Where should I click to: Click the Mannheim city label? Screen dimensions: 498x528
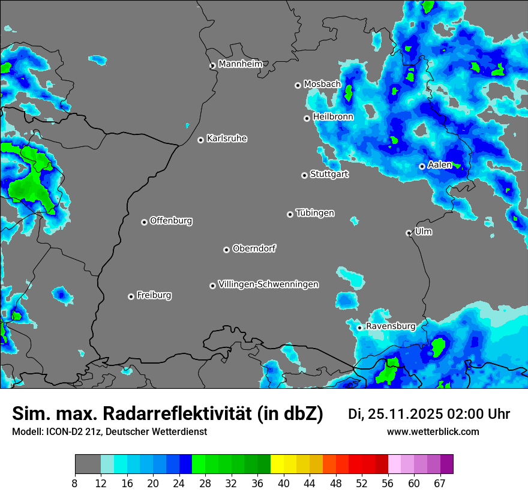point(240,64)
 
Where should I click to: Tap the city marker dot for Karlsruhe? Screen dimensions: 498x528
point(200,140)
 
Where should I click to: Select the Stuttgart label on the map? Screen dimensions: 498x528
point(329,175)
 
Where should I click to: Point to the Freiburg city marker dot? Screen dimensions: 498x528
point(131,296)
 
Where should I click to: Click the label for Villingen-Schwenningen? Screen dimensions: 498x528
point(268,284)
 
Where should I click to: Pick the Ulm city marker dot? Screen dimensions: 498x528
point(409,233)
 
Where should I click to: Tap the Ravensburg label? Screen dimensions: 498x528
point(390,326)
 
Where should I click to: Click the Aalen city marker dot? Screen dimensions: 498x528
point(422,166)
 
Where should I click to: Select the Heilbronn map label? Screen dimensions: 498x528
point(333,117)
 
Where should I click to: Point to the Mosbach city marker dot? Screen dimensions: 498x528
point(298,85)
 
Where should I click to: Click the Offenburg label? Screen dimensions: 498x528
point(171,221)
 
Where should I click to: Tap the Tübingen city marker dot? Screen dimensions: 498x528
point(290,214)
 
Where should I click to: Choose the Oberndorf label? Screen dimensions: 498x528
point(254,248)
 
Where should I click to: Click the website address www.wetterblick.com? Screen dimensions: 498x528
point(433,432)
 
